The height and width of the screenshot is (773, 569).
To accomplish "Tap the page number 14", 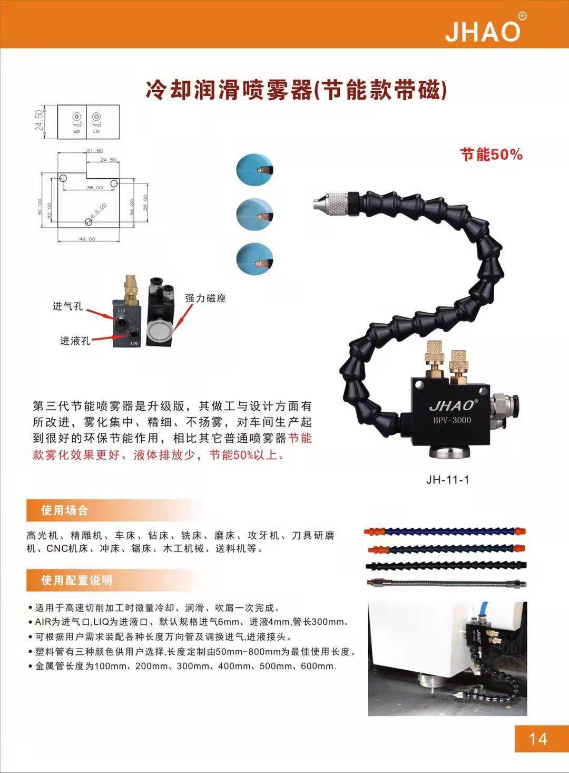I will point(537,739).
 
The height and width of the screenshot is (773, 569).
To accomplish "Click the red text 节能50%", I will point(491,154).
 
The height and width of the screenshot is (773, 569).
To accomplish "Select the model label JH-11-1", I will point(447,480).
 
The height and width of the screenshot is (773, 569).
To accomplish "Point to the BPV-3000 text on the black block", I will point(452,420).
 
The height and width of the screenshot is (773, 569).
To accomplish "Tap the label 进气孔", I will point(67,306).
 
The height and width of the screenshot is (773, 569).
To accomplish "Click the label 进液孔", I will point(75,341).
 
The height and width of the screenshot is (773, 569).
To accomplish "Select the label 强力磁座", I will point(205,298).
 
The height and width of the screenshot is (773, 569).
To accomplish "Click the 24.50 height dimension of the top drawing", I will point(39,120).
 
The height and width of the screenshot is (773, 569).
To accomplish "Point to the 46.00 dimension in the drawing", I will point(87,239).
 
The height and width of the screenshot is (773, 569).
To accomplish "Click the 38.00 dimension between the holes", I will point(95,188).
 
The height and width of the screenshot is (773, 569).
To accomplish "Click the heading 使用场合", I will point(65,510).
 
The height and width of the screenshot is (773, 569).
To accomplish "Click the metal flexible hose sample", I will point(446,584).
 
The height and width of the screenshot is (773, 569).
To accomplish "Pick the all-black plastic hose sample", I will point(446,566).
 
